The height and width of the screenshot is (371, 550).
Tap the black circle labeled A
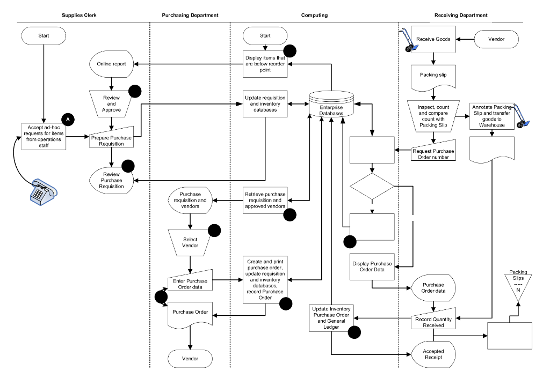click(68, 119)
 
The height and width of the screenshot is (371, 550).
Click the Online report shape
click(111, 64)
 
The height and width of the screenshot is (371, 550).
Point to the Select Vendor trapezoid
click(190, 242)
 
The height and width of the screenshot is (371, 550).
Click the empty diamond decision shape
click(372, 187)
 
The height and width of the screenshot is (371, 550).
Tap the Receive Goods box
click(433, 39)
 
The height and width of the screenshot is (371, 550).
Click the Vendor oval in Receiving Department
click(496, 39)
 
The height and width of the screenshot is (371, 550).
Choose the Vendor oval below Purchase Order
click(190, 358)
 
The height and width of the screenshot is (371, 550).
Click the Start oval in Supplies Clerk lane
click(44, 36)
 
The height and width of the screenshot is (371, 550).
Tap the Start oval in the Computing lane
click(265, 36)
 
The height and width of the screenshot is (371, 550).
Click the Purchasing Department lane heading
click(190, 15)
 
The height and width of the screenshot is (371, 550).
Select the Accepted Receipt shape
click(433, 354)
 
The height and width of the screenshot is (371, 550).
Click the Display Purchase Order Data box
click(372, 266)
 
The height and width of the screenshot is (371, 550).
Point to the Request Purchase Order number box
click(433, 154)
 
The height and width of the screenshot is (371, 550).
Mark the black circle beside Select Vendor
click(214, 231)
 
